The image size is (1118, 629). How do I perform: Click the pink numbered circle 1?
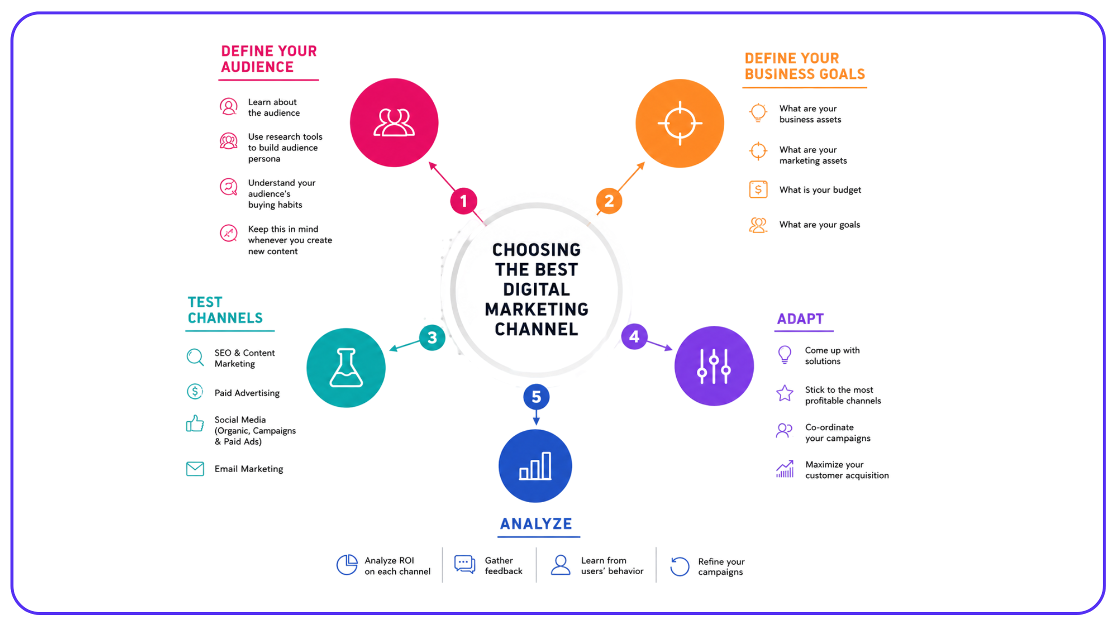coord(464,201)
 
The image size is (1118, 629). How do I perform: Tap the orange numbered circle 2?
coord(609,201)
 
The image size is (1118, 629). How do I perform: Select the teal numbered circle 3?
coord(432,338)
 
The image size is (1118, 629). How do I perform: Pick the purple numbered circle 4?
coord(634,336)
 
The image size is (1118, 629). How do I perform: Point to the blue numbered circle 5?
coord(537,397)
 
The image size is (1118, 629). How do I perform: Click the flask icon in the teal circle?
coord(346,368)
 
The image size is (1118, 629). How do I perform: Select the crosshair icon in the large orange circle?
coord(680,123)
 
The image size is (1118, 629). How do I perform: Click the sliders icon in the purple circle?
coord(714,366)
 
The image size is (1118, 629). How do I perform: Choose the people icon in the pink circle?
coord(394,123)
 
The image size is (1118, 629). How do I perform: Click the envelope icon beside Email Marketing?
coord(195,469)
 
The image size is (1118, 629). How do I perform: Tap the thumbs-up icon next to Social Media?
coord(195,423)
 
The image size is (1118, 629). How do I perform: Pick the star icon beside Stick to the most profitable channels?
coord(785,393)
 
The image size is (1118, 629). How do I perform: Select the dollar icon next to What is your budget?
coord(758,190)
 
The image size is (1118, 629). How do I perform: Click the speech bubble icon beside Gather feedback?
coord(465,565)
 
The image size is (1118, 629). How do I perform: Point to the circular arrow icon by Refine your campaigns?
coord(680,567)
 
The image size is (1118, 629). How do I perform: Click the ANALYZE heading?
coord(536,524)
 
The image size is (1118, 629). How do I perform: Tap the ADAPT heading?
coord(801,319)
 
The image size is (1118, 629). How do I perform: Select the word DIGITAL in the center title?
coord(537,290)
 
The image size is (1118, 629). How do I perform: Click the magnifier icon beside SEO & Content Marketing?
coord(195,357)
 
